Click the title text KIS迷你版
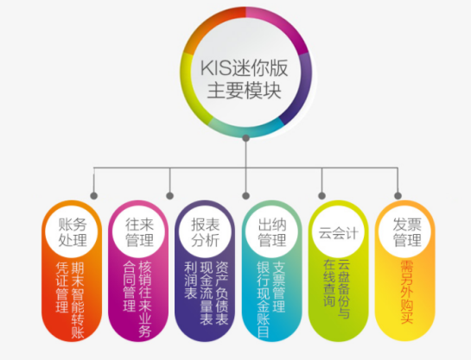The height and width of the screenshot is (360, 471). pos(245,68)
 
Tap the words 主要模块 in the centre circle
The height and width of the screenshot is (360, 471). pos(245,91)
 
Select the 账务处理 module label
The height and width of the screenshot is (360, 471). pos(73,232)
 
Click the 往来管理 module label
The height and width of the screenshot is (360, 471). pos(139,232)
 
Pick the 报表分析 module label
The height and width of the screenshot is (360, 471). pos(206,232)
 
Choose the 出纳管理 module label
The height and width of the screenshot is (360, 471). pos(272,232)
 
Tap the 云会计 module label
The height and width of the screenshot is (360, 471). pos(339,233)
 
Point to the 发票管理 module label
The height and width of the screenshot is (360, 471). pos(407,232)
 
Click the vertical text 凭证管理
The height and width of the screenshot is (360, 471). pos(62,287)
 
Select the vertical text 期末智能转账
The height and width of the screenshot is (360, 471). pos(78,300)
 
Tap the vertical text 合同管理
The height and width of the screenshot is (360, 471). pos(129,287)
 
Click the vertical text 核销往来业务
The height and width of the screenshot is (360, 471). pos(145,300)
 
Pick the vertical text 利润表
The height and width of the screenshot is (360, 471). pos(190,281)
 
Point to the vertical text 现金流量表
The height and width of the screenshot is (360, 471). pos(207,294)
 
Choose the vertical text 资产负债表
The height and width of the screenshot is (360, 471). pos(222,294)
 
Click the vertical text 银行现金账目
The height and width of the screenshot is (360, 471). pos(263,300)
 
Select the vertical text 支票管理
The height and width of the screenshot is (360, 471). pos(279,287)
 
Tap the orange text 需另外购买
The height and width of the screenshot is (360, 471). pos(407,292)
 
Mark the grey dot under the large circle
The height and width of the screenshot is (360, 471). pos(246,138)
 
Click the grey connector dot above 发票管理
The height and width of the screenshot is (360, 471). pos(398,196)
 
